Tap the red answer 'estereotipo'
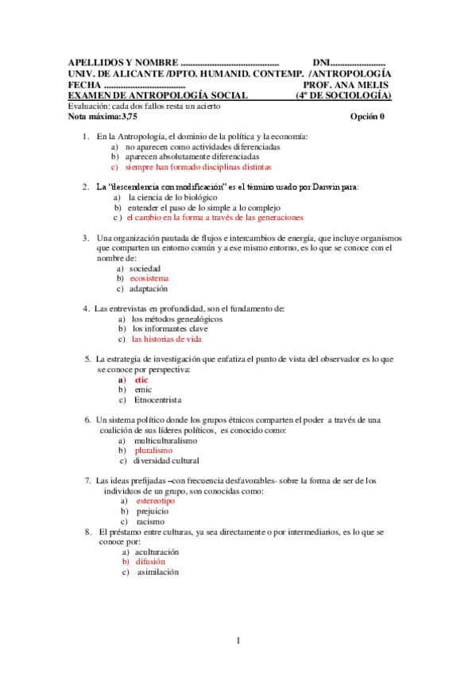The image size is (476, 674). coord(156,502)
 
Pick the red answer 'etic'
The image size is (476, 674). coord(141,379)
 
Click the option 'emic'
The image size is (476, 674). coord(142,389)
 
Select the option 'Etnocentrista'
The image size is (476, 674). coord(157,400)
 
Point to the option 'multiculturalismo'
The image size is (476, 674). coord(165,440)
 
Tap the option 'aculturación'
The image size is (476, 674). coord(157,551)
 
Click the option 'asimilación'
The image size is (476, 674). coord(157,571)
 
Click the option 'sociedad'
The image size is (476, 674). coord(145,269)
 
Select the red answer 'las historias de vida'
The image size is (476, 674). coord(167,339)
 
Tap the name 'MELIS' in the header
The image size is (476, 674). coord(373,85)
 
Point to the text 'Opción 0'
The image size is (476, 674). coord(367,117)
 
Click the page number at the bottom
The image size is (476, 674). coord(238,641)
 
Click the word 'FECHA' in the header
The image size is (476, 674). coord(84,85)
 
